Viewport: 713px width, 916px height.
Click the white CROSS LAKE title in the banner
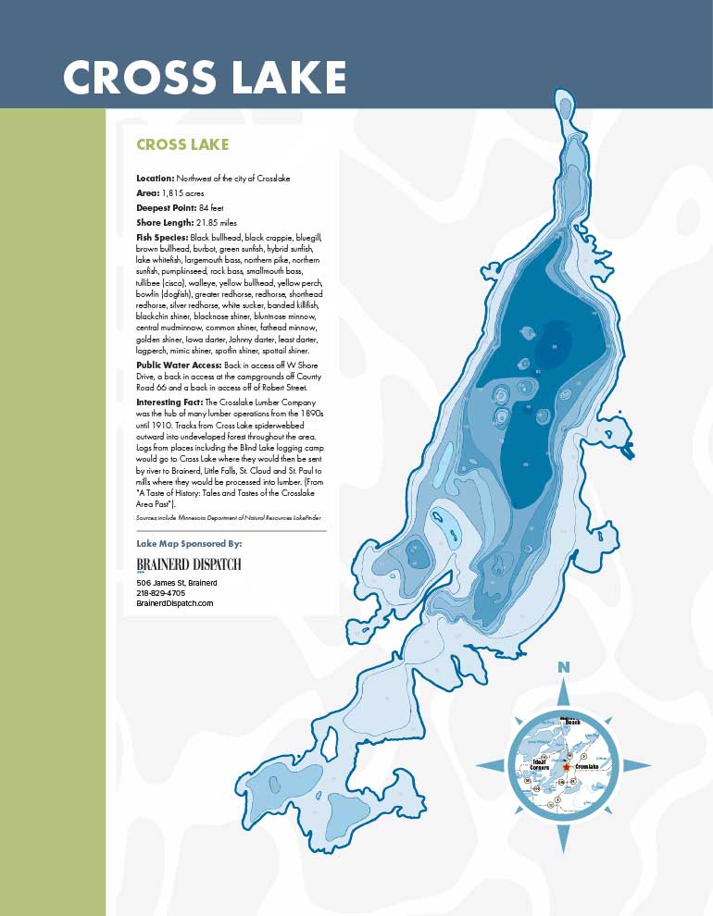205,78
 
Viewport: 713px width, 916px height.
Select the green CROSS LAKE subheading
182,145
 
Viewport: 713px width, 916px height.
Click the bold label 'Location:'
155,177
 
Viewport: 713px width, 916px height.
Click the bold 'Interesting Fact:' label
167,403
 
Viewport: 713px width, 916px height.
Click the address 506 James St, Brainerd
176,583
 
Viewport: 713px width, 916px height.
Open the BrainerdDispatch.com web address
175,603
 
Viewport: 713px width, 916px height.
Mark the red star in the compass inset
566,767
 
